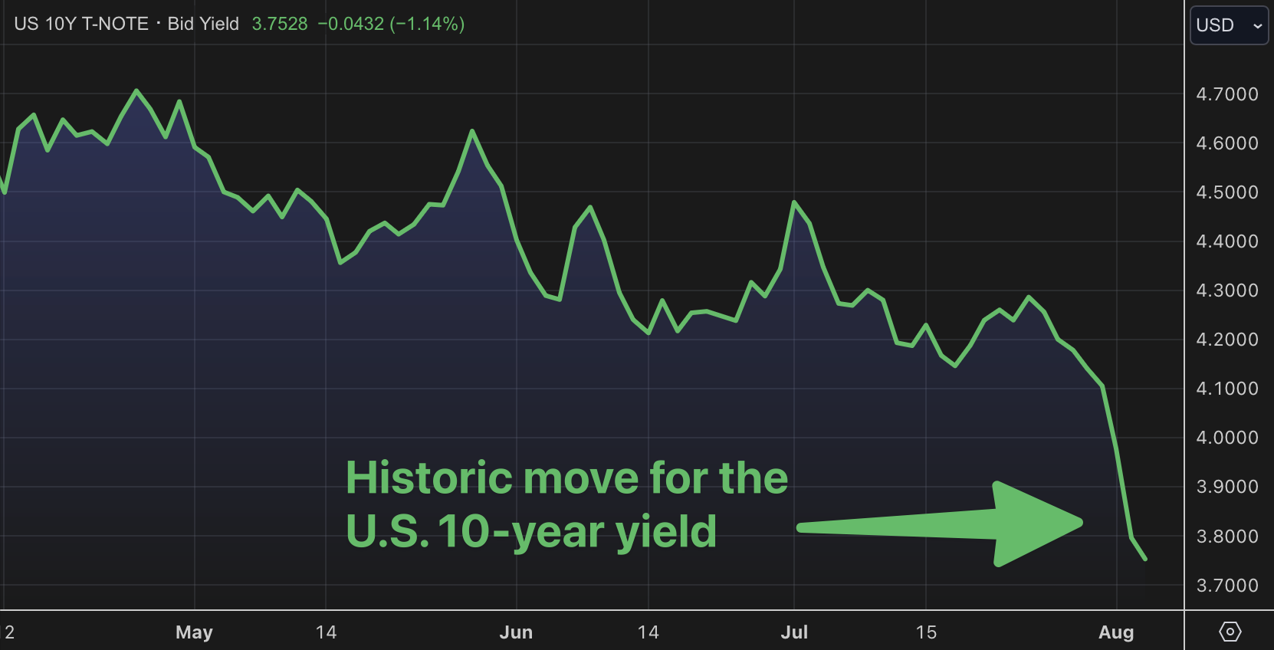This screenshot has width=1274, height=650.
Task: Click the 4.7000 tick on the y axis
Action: [1226, 94]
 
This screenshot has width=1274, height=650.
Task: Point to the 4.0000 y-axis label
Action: [1226, 438]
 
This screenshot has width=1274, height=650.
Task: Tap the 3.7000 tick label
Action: [1226, 586]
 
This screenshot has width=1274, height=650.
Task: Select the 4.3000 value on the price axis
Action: [1226, 291]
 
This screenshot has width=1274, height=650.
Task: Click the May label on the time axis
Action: [194, 632]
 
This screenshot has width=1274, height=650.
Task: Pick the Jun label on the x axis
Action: [516, 632]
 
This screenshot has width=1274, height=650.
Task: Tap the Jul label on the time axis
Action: [794, 632]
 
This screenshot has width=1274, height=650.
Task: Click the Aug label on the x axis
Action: [1116, 632]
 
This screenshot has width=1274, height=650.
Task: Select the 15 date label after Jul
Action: [926, 632]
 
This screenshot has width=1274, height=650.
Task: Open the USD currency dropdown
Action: [1229, 25]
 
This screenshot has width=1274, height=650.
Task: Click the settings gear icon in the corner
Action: [1230, 632]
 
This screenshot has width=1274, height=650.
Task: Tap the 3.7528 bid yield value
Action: [280, 24]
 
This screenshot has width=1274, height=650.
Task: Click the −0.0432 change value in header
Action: [351, 24]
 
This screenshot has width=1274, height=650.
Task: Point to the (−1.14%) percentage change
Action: [427, 24]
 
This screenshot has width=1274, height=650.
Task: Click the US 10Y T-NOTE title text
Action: [81, 24]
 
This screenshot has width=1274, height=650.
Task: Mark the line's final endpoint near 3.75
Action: [1145, 559]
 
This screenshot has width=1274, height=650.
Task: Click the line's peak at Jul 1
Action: [794, 202]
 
